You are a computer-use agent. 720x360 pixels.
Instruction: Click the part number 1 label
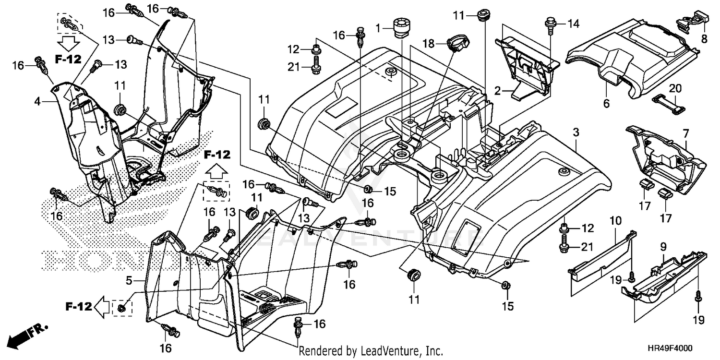378,28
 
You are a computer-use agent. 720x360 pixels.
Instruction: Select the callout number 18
428,44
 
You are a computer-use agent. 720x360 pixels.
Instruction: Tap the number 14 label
574,23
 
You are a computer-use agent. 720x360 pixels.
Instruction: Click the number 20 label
675,88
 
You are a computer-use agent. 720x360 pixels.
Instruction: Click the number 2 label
498,89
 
